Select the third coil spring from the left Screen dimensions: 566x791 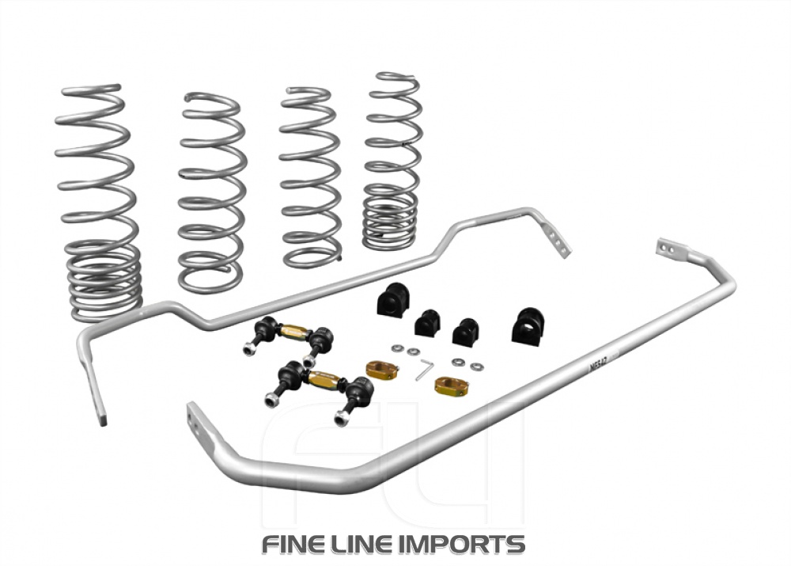[x=311, y=177]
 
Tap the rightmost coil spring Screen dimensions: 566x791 [x=392, y=161]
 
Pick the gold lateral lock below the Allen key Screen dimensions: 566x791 [x=451, y=386]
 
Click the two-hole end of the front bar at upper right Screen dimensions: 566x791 [x=668, y=248]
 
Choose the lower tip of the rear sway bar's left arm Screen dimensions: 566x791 [x=100, y=416]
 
